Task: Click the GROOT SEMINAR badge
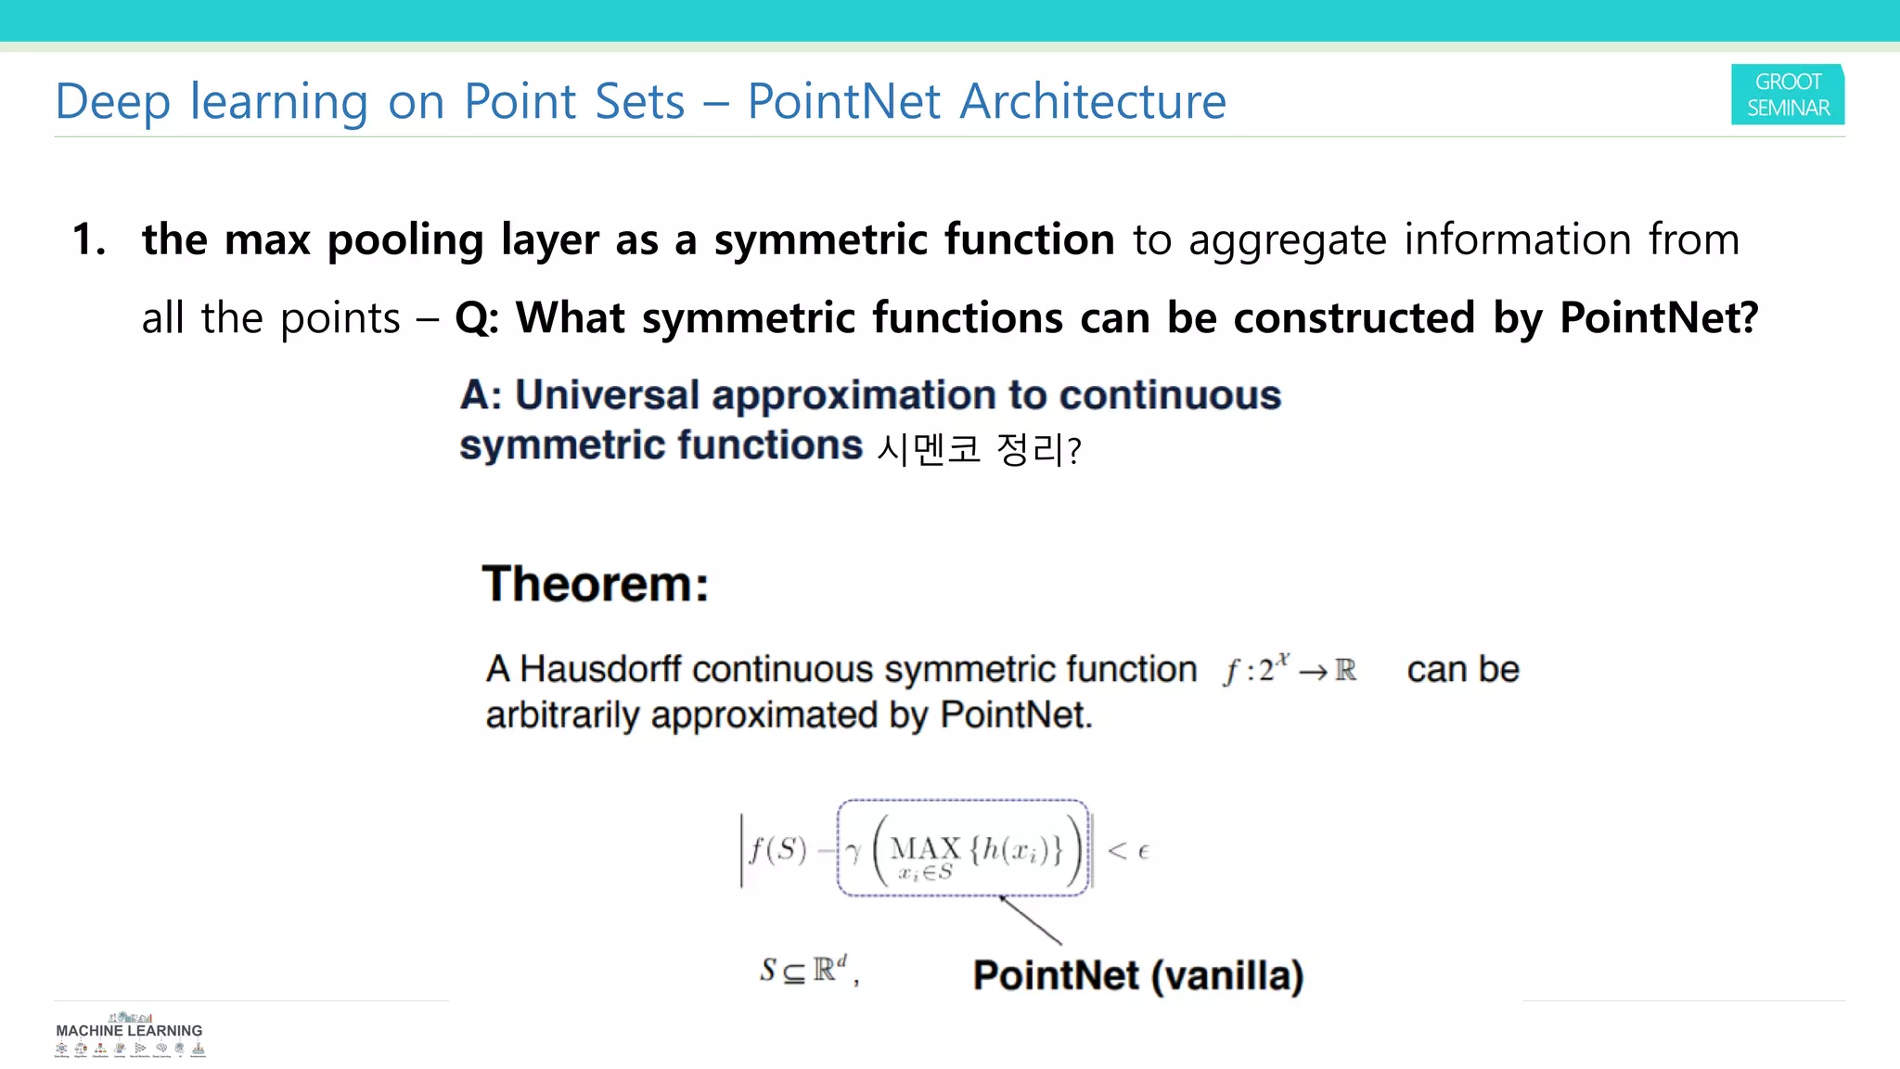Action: [1787, 95]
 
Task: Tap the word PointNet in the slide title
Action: [843, 101]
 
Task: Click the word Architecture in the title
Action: [1092, 101]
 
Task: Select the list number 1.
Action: [89, 239]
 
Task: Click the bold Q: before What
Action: [477, 318]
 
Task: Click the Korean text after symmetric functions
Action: [979, 450]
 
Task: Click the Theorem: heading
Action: [595, 585]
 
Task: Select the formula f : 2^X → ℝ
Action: [1290, 669]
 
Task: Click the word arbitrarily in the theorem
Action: [563, 715]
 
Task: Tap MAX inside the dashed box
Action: [925, 848]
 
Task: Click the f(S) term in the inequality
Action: [778, 849]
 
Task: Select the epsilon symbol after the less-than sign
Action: [1143, 851]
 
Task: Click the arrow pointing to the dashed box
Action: [1031, 921]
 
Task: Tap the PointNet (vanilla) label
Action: [1138, 975]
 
